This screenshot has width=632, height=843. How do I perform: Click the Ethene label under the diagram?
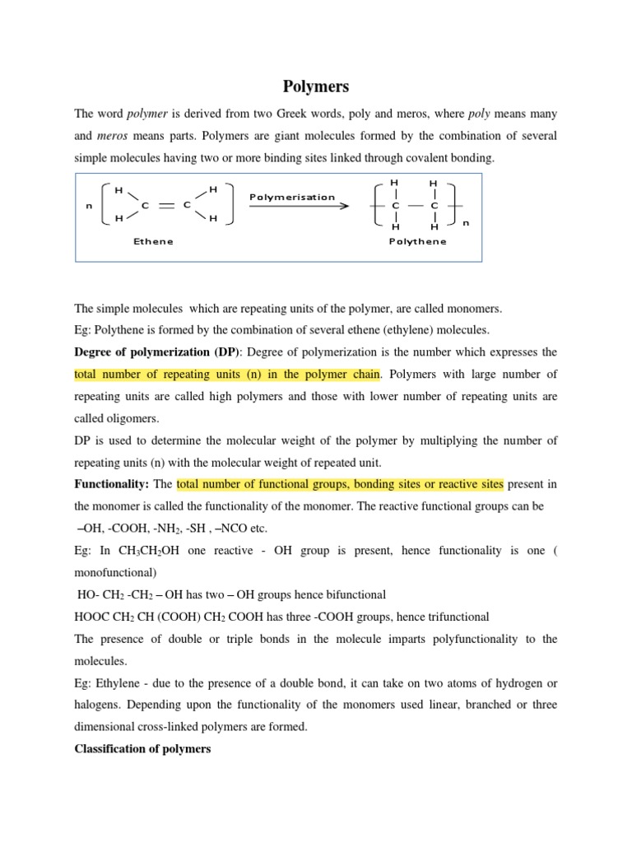(x=153, y=241)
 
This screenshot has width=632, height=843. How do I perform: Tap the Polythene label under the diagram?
(x=417, y=241)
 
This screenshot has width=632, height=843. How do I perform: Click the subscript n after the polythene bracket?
(x=466, y=222)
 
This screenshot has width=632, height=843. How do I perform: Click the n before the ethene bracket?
(x=89, y=206)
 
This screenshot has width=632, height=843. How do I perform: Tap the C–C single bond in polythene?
(x=416, y=205)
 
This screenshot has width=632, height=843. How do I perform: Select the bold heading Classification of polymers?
(x=143, y=749)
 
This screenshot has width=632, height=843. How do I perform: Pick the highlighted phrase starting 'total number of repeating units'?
(x=227, y=374)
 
